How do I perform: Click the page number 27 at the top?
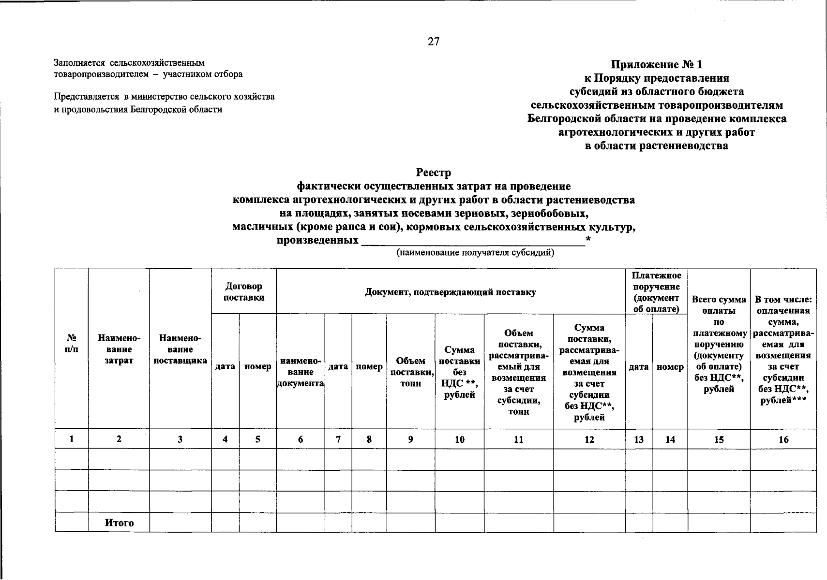pos(433,42)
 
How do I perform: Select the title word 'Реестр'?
pos(433,173)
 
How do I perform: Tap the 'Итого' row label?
pos(119,523)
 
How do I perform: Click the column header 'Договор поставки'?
pos(244,292)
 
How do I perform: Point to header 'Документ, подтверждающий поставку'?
pos(450,292)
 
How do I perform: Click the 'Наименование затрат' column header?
pos(119,349)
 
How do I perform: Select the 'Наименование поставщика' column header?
pos(180,349)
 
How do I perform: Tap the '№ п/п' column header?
pos(72,344)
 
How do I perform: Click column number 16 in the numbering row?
pos(783,439)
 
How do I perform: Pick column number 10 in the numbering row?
pos(459,439)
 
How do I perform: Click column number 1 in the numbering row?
pos(72,439)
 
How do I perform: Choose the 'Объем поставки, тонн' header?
pos(410,372)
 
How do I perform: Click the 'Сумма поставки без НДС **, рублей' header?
pos(459,372)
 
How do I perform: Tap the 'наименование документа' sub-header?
pos(301,372)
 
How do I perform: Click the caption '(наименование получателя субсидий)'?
pos(475,252)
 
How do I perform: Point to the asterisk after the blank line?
pos(588,239)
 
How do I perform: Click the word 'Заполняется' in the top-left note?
pos(79,63)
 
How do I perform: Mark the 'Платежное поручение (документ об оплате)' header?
pos(656,292)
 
